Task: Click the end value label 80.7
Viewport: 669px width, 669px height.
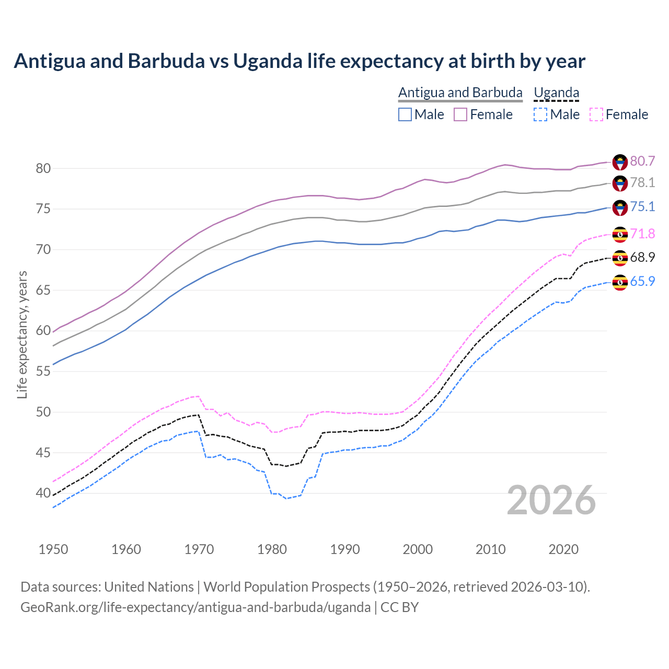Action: pyautogui.click(x=642, y=161)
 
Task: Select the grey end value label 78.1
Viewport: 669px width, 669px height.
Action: pyautogui.click(x=642, y=182)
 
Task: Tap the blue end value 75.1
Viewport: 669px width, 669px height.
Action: pyautogui.click(x=642, y=206)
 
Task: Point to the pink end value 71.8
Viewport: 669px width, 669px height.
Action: pyautogui.click(x=642, y=234)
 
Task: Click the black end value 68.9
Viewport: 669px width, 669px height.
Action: pyautogui.click(x=642, y=257)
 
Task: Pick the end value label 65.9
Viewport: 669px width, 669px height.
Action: pyautogui.click(x=642, y=281)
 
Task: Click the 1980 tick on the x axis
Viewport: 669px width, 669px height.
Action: pyautogui.click(x=272, y=549)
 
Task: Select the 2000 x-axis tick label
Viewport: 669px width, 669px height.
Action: pyautogui.click(x=418, y=549)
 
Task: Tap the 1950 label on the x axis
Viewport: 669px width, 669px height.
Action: pyautogui.click(x=53, y=549)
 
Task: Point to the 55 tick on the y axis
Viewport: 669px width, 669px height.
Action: pyautogui.click(x=43, y=371)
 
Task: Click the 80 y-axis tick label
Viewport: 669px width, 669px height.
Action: pyautogui.click(x=43, y=168)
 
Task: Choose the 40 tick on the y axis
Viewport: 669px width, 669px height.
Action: pyautogui.click(x=43, y=493)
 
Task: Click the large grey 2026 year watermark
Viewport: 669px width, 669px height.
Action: pyautogui.click(x=551, y=500)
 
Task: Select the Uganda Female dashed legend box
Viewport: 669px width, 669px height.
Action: pyautogui.click(x=596, y=114)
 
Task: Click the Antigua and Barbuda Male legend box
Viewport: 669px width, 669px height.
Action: pyautogui.click(x=405, y=114)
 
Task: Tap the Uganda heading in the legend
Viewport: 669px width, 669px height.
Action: pyautogui.click(x=556, y=93)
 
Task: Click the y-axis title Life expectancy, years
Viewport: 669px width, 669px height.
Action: pyautogui.click(x=22, y=334)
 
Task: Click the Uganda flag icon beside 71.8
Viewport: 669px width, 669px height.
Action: pyautogui.click(x=620, y=234)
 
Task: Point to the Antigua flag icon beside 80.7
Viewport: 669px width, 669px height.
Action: pyautogui.click(x=620, y=162)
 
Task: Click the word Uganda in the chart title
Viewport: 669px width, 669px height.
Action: pyautogui.click(x=268, y=61)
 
